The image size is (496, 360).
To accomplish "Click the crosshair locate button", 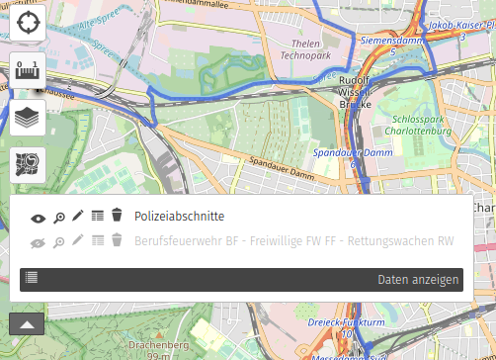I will [x=27, y=22].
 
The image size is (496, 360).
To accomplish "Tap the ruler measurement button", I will [x=27, y=69].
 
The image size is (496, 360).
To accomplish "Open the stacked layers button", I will [x=27, y=118].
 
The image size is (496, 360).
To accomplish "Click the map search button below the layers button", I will [x=27, y=164].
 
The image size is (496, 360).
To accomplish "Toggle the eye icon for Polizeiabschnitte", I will [x=39, y=217].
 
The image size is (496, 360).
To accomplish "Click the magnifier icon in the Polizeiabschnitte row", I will [x=59, y=217].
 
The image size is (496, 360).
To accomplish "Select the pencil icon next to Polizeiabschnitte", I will [x=78, y=216].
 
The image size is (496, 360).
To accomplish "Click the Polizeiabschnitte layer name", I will [x=179, y=217].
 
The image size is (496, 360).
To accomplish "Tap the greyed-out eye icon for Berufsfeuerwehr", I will [x=39, y=241].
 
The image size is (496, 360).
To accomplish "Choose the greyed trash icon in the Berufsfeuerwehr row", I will [x=117, y=240].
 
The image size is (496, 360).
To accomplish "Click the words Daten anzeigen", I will [x=418, y=280].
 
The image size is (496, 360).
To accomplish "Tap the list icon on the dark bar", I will [x=32, y=279].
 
